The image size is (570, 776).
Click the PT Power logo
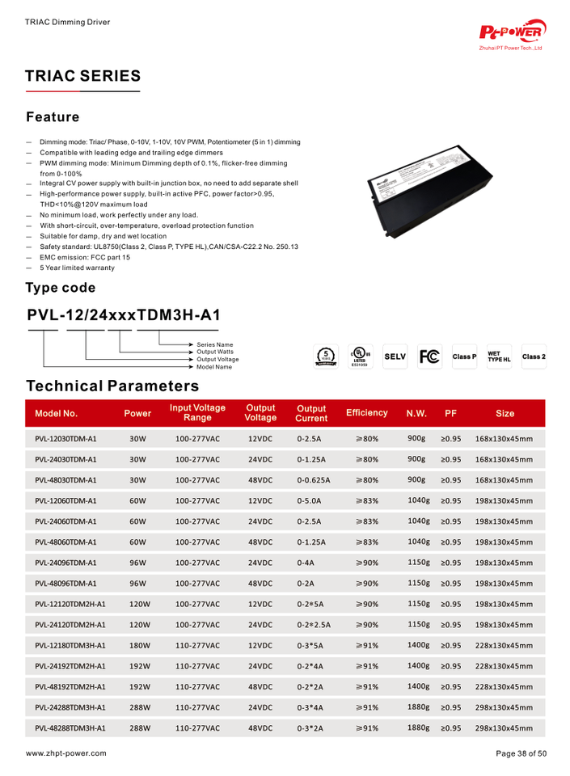click(x=513, y=32)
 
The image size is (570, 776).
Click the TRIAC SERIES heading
click(x=83, y=77)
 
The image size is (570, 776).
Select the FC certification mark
click(x=429, y=356)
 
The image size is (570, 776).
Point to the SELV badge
click(x=395, y=356)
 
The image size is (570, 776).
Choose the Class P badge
click(x=464, y=356)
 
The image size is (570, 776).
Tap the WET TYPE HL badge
click(x=499, y=356)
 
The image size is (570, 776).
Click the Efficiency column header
click(x=366, y=413)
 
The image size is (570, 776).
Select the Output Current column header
click(x=311, y=413)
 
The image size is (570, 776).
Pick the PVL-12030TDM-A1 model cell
click(x=65, y=439)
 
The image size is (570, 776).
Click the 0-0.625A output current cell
click(x=313, y=480)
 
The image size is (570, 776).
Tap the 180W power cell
click(x=140, y=645)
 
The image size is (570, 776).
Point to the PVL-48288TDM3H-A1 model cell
click(x=70, y=727)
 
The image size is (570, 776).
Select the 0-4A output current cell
click(x=306, y=563)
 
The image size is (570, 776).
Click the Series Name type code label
click(x=214, y=345)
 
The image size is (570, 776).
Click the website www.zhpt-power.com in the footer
click(x=65, y=753)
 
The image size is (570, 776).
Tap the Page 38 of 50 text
click(x=521, y=753)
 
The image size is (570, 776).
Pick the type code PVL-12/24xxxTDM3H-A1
click(x=124, y=315)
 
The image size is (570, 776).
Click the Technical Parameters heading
click(x=112, y=386)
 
